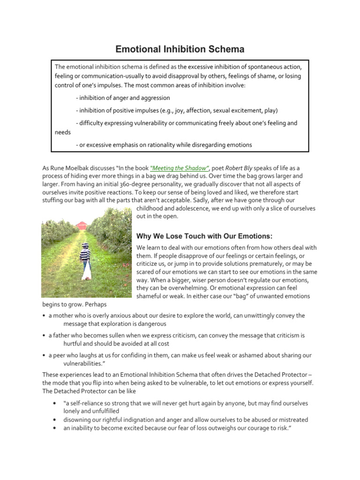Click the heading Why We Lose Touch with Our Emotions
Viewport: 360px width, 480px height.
(204, 235)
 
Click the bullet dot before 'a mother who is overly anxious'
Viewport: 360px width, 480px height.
(44, 316)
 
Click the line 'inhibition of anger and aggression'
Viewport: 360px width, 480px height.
(122, 98)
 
